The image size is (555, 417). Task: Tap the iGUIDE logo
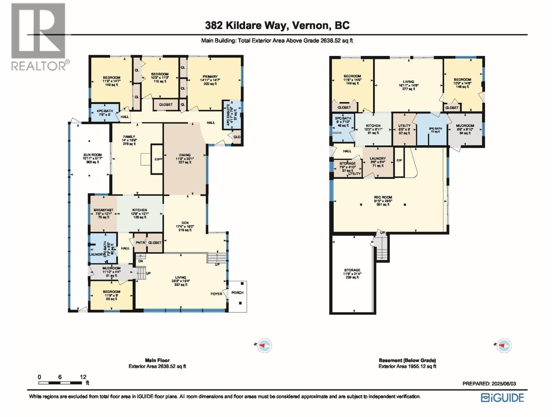(x=502, y=398)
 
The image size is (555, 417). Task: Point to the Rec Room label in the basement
(x=383, y=197)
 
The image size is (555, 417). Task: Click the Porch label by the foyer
(x=238, y=293)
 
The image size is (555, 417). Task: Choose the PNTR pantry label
(x=140, y=243)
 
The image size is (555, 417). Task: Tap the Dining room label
(x=185, y=155)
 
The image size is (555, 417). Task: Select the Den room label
(x=185, y=223)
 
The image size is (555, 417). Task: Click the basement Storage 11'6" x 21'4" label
(x=352, y=270)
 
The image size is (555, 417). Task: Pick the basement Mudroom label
(x=465, y=126)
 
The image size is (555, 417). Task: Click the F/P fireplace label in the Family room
(x=157, y=160)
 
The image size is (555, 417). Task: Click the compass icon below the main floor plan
(x=265, y=345)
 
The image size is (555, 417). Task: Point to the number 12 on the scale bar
(x=83, y=377)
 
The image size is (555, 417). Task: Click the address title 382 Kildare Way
(x=277, y=25)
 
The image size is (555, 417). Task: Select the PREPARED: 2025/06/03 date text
(x=489, y=384)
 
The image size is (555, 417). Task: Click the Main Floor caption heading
(x=157, y=360)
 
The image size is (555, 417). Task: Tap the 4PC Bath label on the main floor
(x=105, y=111)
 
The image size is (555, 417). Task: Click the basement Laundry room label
(x=378, y=158)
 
